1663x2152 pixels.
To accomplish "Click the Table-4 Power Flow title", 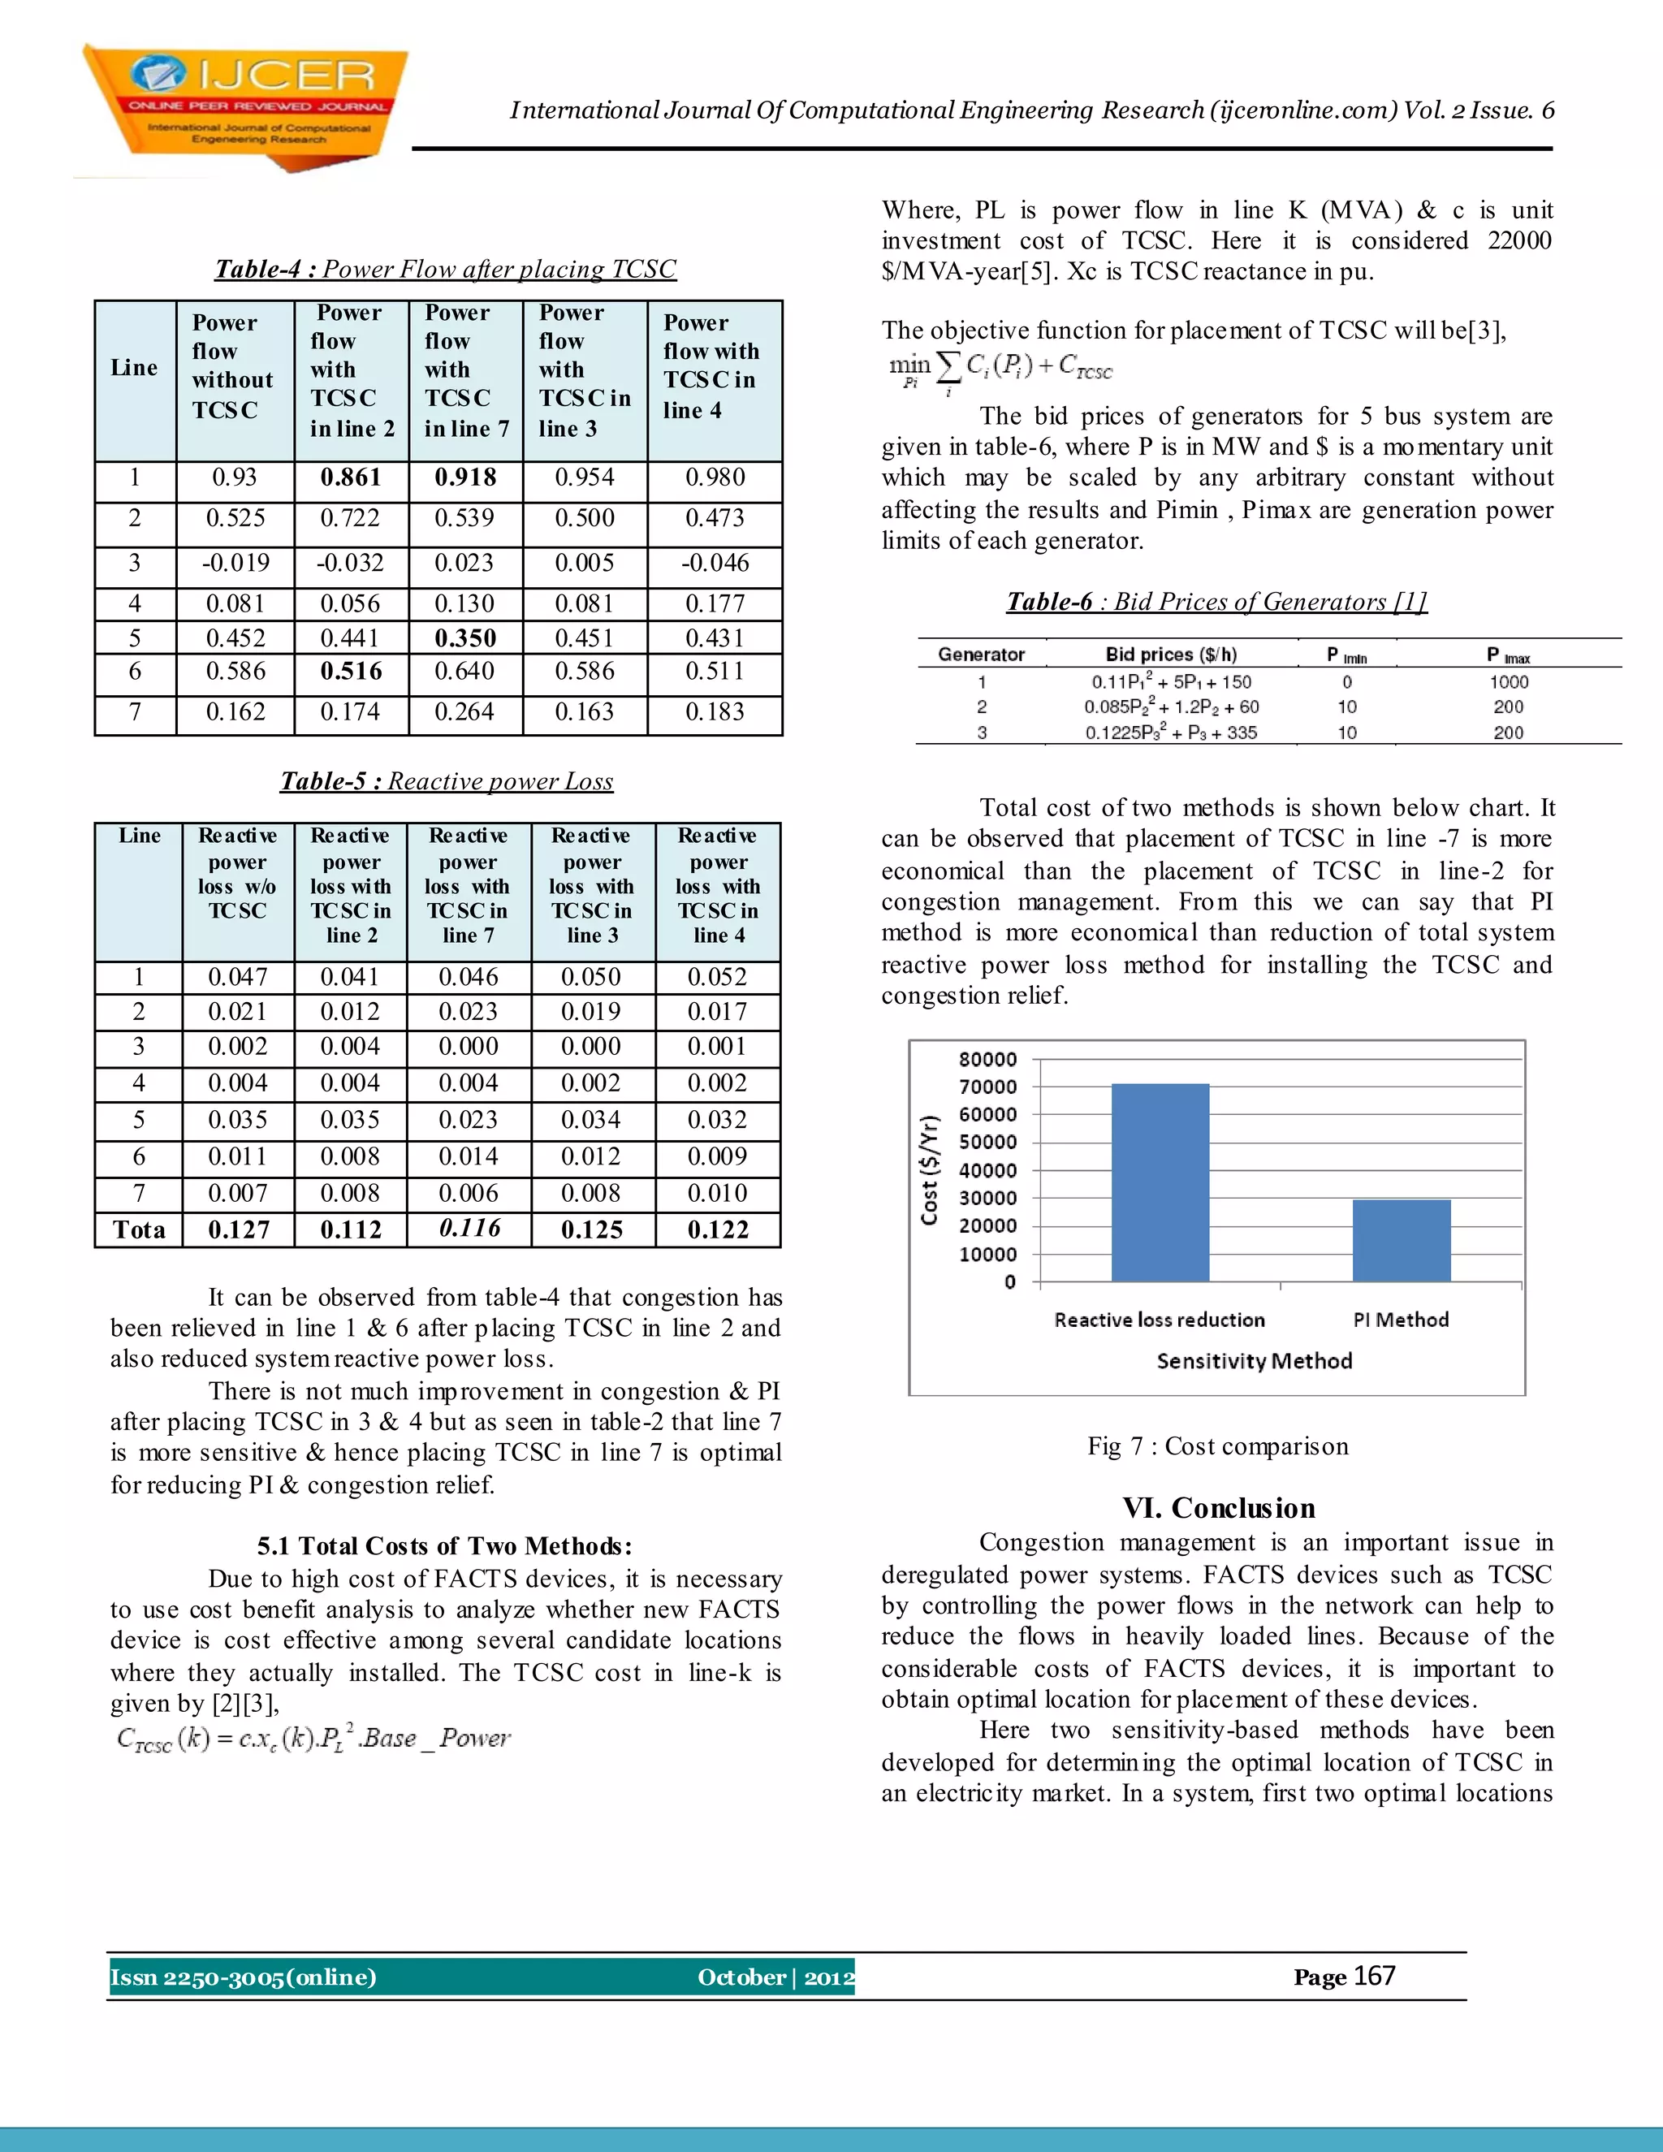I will tap(445, 269).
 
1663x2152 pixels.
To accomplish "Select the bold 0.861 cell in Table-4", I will tap(351, 478).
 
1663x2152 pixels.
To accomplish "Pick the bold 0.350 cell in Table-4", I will tap(465, 638).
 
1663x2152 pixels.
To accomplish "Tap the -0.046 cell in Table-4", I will tap(715, 564).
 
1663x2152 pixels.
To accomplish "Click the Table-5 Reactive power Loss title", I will tap(447, 781).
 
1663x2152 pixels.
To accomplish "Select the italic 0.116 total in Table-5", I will tap(469, 1228).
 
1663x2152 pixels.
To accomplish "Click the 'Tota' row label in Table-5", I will tap(139, 1229).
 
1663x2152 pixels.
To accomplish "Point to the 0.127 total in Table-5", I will tap(239, 1229).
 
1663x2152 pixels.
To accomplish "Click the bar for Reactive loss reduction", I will tap(1160, 1182).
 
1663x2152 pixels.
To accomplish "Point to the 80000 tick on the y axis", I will tap(987, 1059).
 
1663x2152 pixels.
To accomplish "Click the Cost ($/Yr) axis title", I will tap(929, 1170).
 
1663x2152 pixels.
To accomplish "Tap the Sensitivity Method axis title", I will tap(1253, 1361).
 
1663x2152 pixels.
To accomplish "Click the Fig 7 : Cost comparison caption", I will tap(1218, 1446).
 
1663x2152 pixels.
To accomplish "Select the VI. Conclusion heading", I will tap(1219, 1509).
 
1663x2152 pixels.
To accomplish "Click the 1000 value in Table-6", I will tap(1509, 682).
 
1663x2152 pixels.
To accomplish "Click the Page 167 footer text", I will tap(1344, 1977).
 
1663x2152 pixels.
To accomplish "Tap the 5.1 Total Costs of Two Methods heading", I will tap(444, 1546).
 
